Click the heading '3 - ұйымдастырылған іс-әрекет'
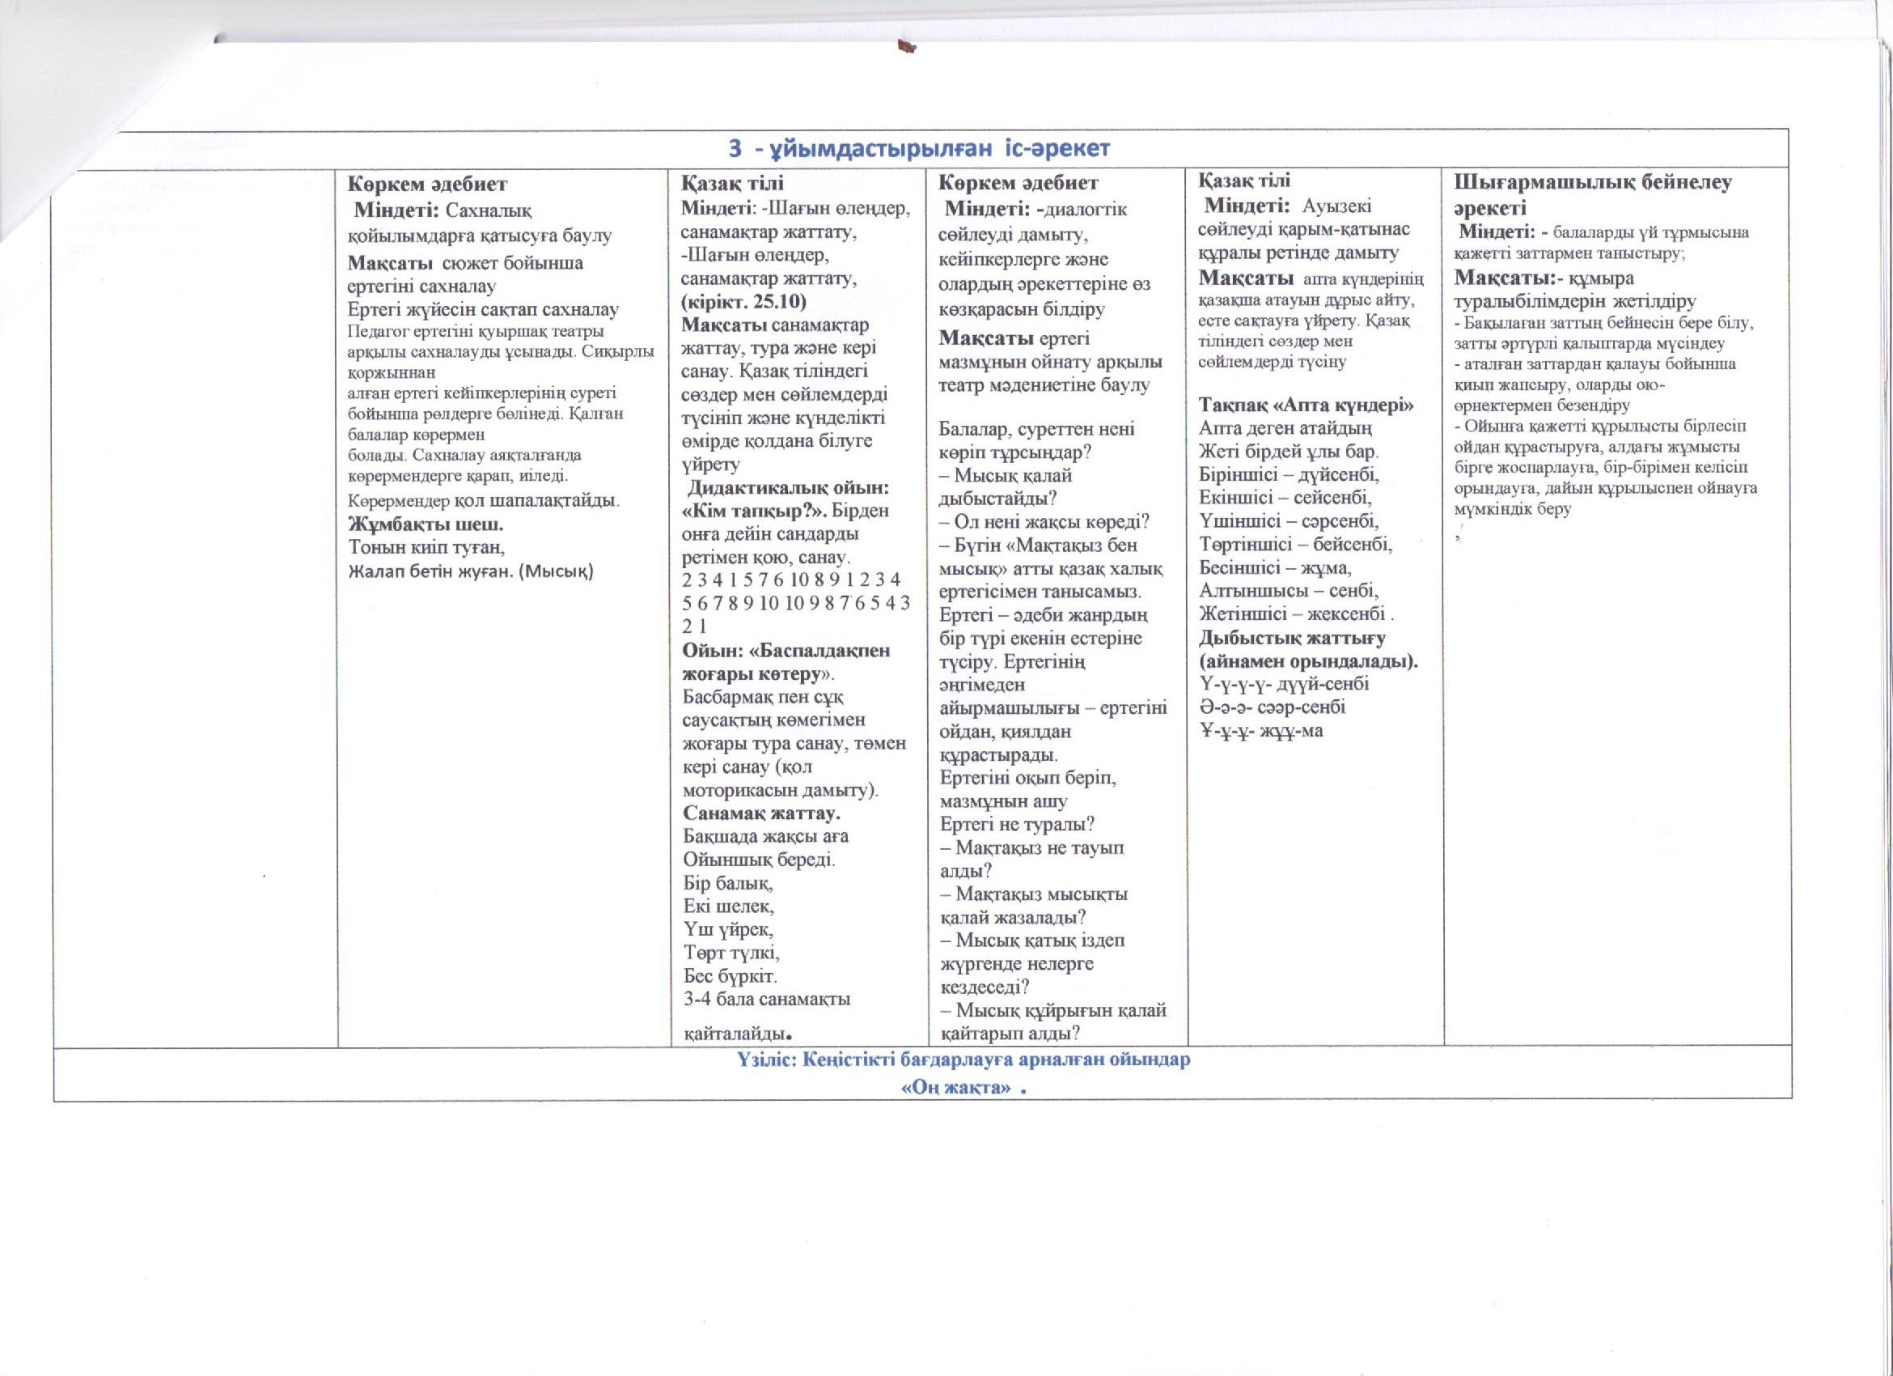[919, 149]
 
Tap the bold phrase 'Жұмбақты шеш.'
[426, 524]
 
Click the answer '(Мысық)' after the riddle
[555, 571]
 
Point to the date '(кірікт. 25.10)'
[743, 301]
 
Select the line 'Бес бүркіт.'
[731, 975]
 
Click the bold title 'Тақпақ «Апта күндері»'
[1306, 405]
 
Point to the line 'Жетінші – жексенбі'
[1296, 614]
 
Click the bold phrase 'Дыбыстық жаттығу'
[1292, 637]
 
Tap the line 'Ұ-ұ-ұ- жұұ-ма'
[1261, 731]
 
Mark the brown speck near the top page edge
[904, 49]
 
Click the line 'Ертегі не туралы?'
[1017, 823]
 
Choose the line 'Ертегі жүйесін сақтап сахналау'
[483, 309]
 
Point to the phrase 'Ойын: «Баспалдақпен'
[786, 650]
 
